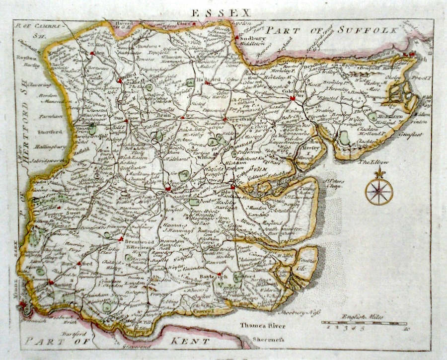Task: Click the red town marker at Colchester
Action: point(293,98)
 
